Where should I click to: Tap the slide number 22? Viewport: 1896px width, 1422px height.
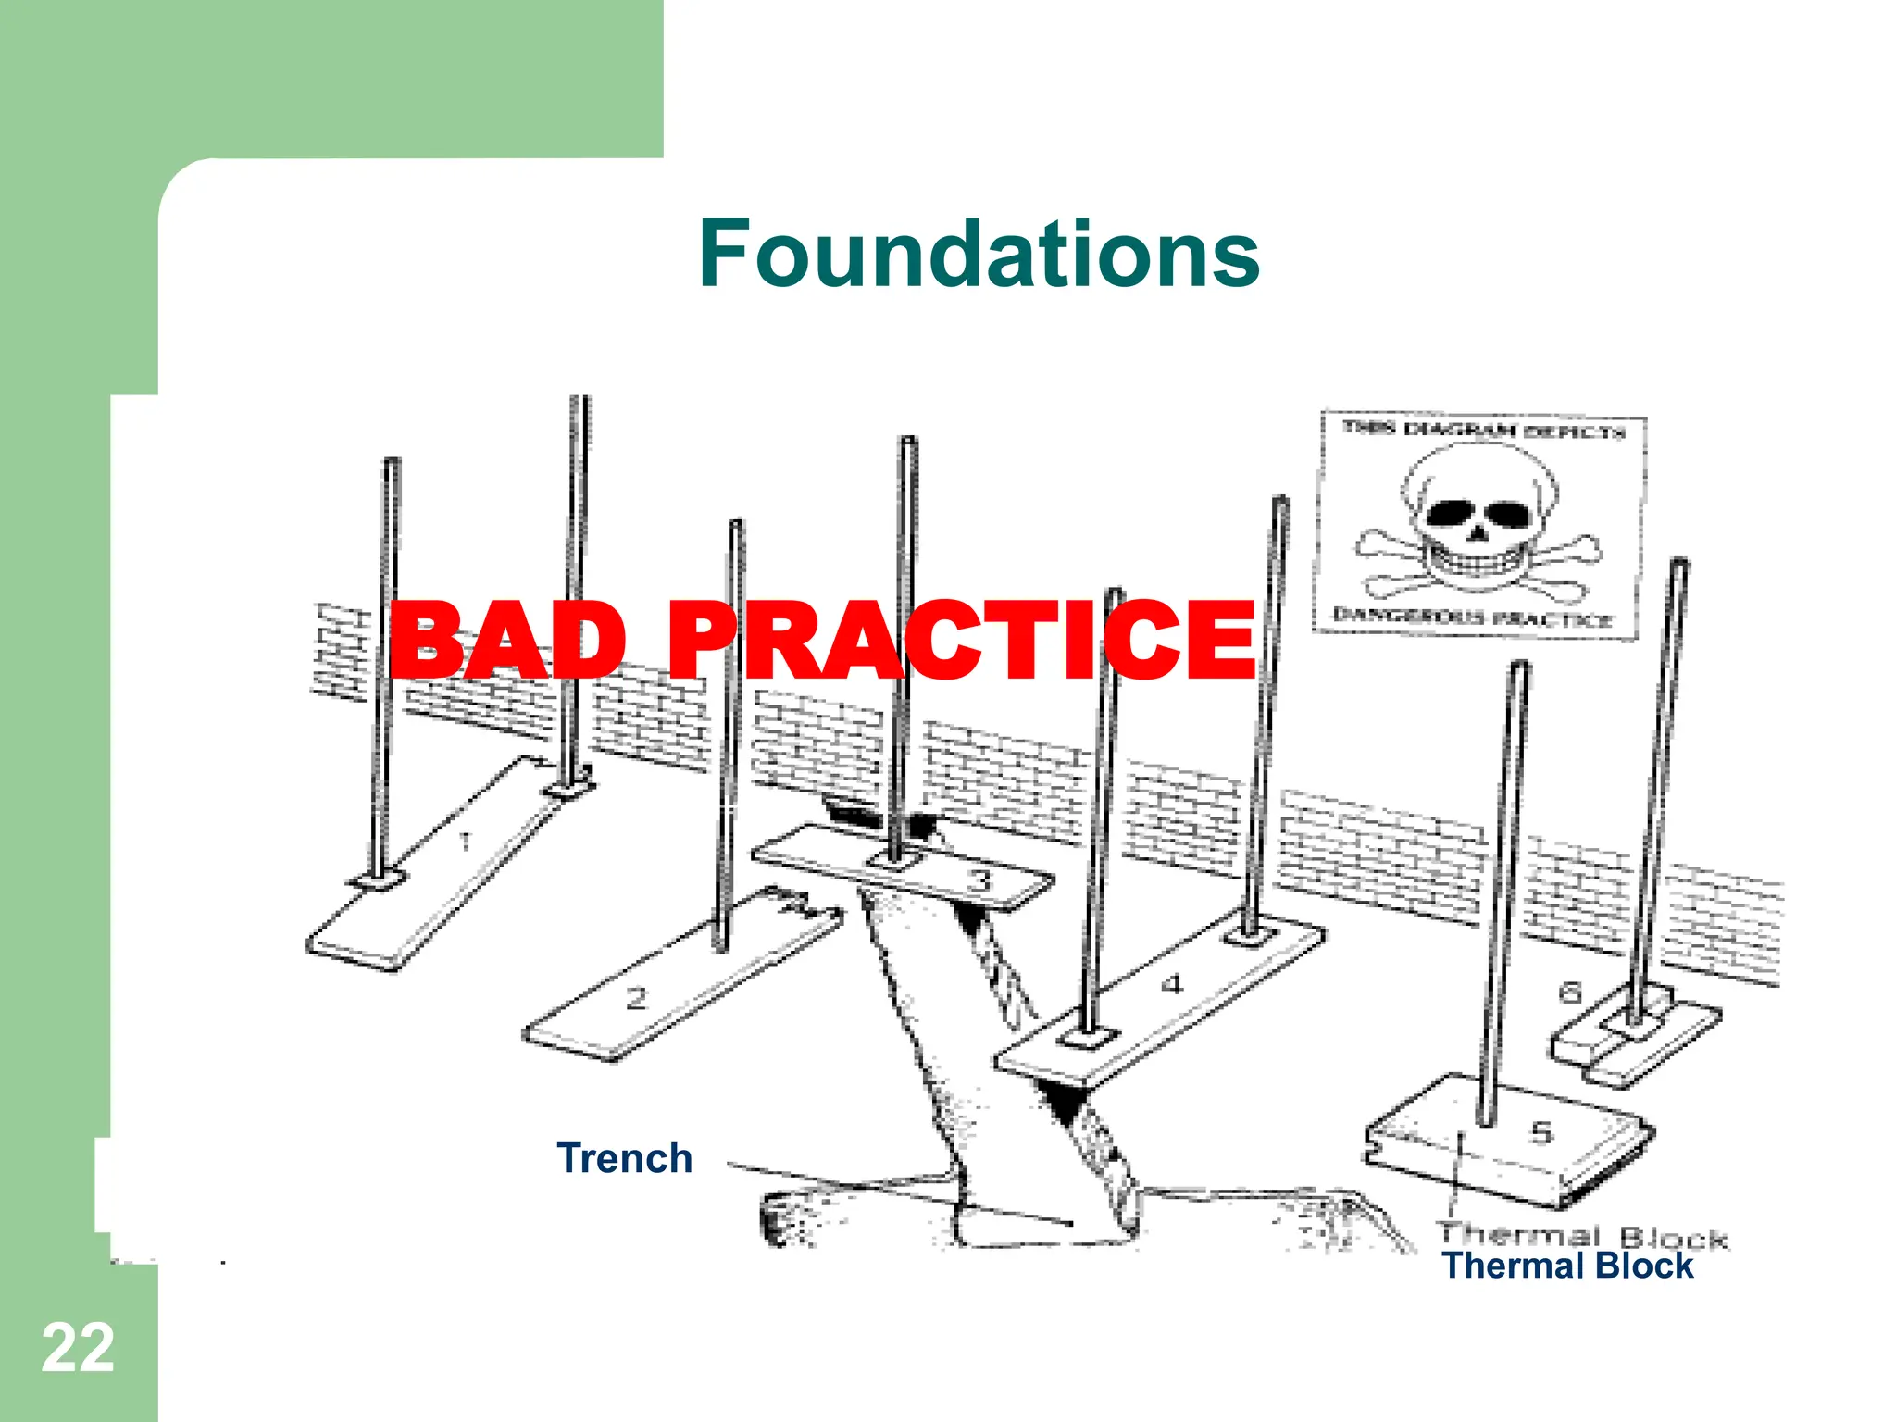78,1348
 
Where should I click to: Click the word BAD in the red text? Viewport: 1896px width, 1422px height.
508,640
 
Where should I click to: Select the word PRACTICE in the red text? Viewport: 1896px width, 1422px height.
961,640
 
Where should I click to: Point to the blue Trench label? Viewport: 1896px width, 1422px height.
625,1158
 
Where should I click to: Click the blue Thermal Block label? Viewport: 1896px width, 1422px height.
1567,1266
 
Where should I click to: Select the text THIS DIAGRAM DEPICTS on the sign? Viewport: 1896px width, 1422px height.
1483,430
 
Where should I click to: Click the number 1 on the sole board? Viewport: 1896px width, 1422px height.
466,842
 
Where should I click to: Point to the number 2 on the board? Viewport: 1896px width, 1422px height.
636,999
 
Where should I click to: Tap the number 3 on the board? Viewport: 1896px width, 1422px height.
979,879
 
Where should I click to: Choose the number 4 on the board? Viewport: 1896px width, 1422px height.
1172,983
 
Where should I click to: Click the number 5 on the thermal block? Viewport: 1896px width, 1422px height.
1540,1132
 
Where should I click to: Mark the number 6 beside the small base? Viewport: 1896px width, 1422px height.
1569,993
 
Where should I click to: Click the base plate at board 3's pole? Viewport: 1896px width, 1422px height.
894,862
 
